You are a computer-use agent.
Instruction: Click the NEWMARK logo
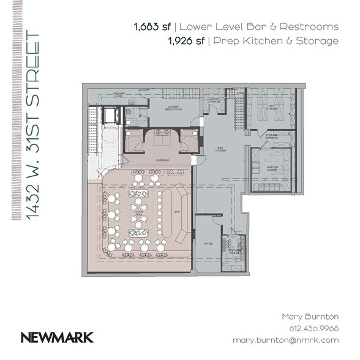click(x=57, y=336)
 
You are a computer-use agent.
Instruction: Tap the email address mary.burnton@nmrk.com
click(x=285, y=339)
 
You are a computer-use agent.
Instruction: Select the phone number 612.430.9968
click(x=313, y=328)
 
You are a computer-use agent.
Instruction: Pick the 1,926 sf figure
click(x=186, y=41)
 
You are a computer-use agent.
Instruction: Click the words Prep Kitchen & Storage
click(x=276, y=41)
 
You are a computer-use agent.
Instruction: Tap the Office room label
click(x=208, y=244)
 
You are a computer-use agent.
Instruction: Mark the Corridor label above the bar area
click(x=162, y=160)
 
